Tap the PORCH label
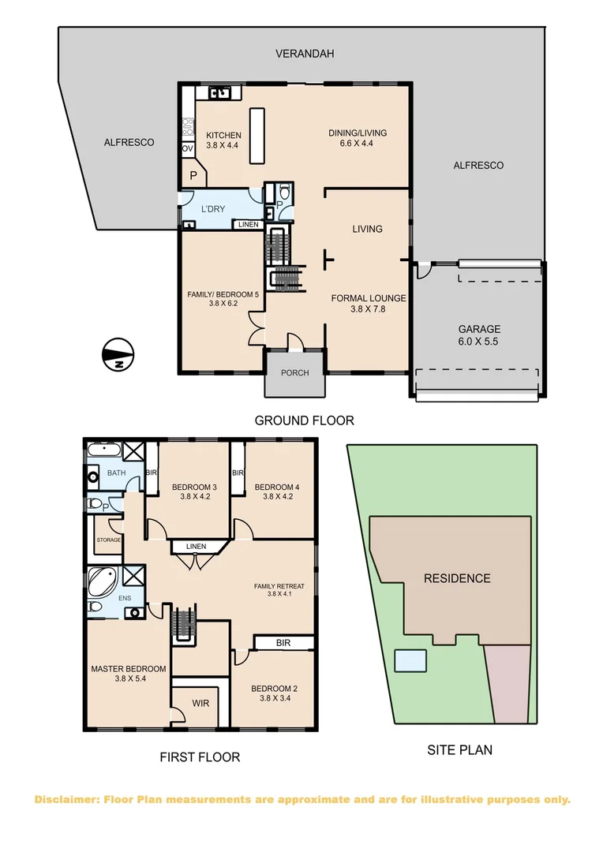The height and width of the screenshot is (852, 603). tap(294, 373)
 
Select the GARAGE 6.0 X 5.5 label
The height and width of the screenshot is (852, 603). tap(480, 335)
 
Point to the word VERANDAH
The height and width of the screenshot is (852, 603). tap(305, 54)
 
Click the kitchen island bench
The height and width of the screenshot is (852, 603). tap(256, 136)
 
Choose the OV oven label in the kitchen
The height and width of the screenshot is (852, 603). tap(188, 148)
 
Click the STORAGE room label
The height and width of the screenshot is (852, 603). tap(108, 540)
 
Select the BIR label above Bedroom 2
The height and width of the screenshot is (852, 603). tap(283, 643)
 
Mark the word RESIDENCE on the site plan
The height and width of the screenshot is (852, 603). tap(457, 578)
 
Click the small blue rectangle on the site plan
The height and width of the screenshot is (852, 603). tap(410, 660)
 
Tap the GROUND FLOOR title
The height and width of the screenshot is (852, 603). tap(304, 420)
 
